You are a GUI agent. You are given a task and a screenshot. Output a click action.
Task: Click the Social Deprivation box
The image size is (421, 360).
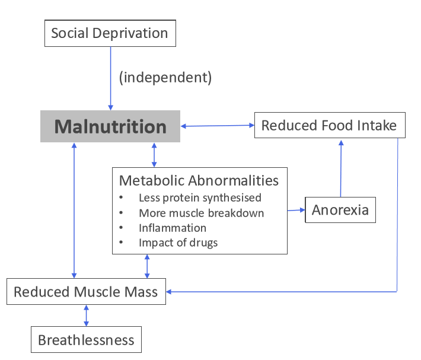pyautogui.click(x=110, y=33)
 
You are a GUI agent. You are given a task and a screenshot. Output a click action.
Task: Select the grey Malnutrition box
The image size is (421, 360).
pyautogui.click(x=110, y=126)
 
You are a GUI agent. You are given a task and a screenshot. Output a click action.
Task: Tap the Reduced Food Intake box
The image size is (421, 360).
pyautogui.click(x=330, y=125)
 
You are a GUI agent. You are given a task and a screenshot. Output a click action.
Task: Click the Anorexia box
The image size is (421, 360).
pyautogui.click(x=340, y=209)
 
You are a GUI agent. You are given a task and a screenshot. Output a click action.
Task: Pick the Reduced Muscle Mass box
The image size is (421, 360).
pyautogui.click(x=86, y=292)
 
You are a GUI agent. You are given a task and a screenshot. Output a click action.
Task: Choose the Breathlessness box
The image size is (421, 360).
pyautogui.click(x=86, y=340)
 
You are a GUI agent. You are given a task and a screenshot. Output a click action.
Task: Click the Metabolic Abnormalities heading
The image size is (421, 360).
pyautogui.click(x=199, y=180)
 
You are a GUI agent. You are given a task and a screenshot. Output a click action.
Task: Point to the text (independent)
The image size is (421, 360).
pyautogui.click(x=165, y=77)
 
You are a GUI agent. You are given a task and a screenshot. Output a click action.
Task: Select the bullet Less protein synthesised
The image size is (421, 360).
pyautogui.click(x=200, y=197)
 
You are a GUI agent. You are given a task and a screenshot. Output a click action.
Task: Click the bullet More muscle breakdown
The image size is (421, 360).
pyautogui.click(x=201, y=213)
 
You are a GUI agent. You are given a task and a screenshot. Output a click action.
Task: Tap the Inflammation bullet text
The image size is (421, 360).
pyautogui.click(x=173, y=228)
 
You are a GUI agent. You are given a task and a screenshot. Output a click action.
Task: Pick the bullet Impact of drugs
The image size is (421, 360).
pyautogui.click(x=178, y=242)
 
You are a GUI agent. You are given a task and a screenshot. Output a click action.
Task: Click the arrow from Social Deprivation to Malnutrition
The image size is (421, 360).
pyautogui.click(x=110, y=77)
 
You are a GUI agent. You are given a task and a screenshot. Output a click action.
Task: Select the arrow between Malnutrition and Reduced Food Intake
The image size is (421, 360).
pyautogui.click(x=217, y=126)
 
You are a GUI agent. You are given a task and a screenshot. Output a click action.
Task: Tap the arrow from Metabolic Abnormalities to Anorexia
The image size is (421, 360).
pyautogui.click(x=296, y=210)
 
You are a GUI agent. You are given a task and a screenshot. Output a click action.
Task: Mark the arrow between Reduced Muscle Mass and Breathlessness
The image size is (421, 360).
pyautogui.click(x=87, y=316)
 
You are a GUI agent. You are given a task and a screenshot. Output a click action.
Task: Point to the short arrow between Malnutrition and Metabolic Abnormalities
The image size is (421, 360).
pyautogui.click(x=155, y=154)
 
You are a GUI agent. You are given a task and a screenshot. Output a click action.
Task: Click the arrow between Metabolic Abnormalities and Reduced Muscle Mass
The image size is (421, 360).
pyautogui.click(x=147, y=266)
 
